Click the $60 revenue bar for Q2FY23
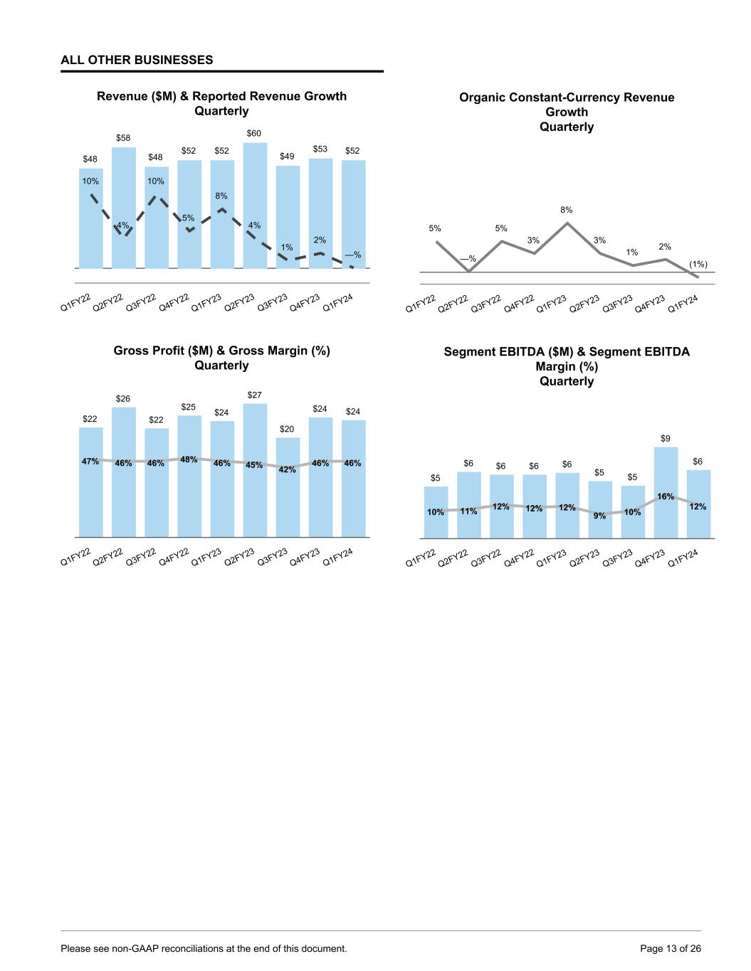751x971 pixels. click(255, 206)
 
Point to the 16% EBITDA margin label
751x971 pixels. click(666, 497)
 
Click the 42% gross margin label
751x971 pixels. click(288, 469)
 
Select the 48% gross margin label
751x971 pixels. click(189, 460)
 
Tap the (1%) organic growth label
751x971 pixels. click(698, 264)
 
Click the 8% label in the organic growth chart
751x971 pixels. click(567, 210)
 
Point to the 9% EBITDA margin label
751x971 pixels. click(599, 516)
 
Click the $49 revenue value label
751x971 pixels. click(288, 156)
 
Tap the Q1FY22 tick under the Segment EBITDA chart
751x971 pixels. click(420, 558)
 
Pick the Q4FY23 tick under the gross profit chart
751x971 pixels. click(305, 556)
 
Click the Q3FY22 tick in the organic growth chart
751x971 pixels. click(486, 303)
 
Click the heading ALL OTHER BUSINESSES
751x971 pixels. click(137, 60)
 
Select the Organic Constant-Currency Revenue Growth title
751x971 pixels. click(567, 112)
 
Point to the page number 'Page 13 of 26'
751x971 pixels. click(671, 948)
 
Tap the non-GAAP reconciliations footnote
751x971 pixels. click(204, 948)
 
